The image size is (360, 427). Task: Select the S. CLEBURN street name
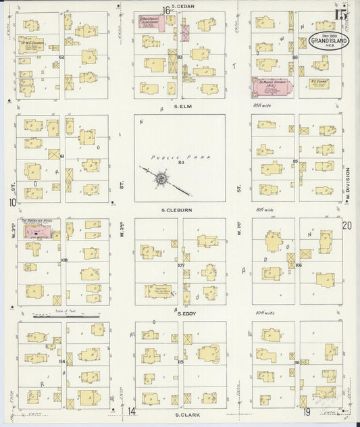[x=177, y=210]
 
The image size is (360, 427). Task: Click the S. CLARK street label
[x=184, y=413]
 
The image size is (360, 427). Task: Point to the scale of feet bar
[x=66, y=315]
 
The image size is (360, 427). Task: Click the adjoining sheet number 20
[x=346, y=226]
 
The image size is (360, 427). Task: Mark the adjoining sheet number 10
[x=12, y=201]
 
